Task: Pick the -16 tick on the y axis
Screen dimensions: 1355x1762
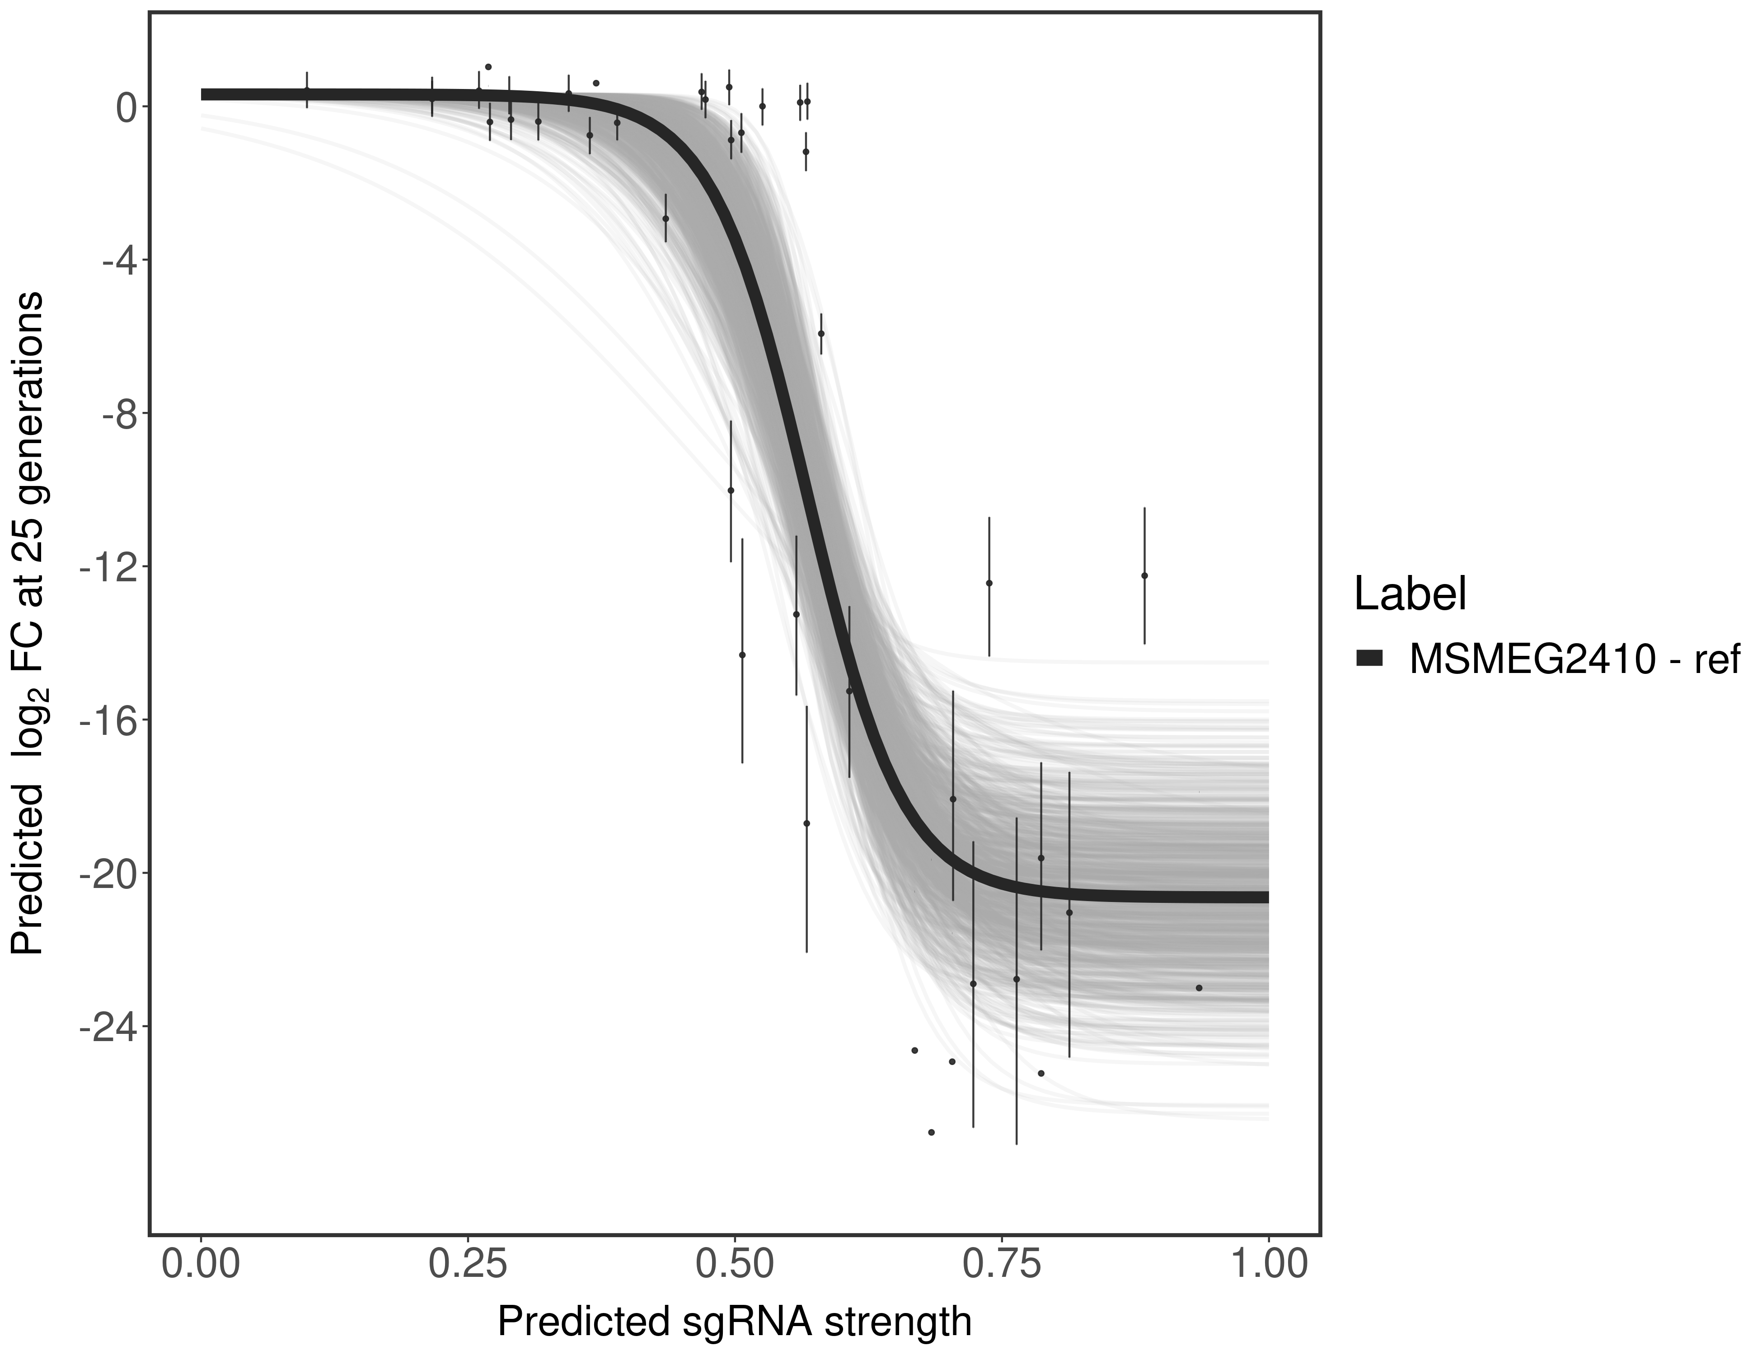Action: tap(105, 720)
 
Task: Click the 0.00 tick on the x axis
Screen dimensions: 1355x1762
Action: tap(201, 1263)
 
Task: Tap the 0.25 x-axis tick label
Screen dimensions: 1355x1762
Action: tap(468, 1263)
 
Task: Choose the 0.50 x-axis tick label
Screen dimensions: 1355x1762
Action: tap(735, 1263)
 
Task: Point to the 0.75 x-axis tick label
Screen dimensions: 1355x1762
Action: tap(1002, 1263)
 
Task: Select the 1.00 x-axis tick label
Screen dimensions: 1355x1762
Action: tap(1268, 1263)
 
